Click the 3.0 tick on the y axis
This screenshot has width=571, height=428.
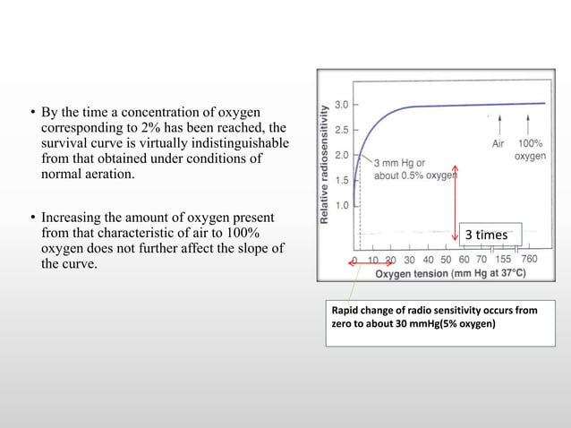pos(342,105)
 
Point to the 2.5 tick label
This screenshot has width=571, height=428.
pos(342,130)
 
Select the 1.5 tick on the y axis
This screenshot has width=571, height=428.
pos(342,179)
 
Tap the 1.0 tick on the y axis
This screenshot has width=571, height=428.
pos(342,205)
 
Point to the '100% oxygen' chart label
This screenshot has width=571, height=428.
pos(530,149)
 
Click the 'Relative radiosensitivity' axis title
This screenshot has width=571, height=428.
pos(323,163)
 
